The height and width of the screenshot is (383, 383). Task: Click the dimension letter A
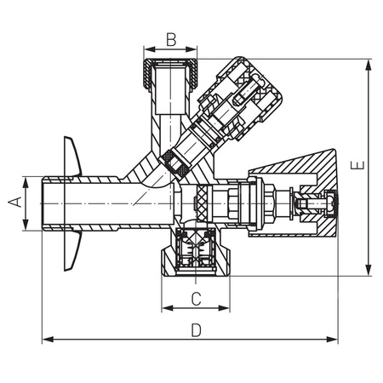coord(14,203)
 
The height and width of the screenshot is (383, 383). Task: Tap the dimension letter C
coord(195,299)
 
